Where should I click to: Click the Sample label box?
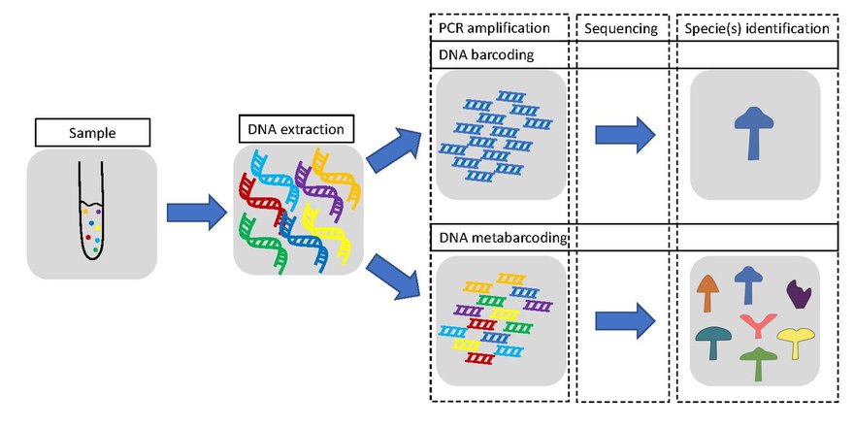(x=92, y=132)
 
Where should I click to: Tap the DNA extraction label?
(x=293, y=127)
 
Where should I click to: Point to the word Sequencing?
(x=621, y=28)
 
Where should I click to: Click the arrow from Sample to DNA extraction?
(x=194, y=213)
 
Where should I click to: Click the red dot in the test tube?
(x=88, y=236)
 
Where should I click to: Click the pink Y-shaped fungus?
(x=754, y=324)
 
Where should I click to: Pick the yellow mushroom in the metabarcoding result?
(x=796, y=342)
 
